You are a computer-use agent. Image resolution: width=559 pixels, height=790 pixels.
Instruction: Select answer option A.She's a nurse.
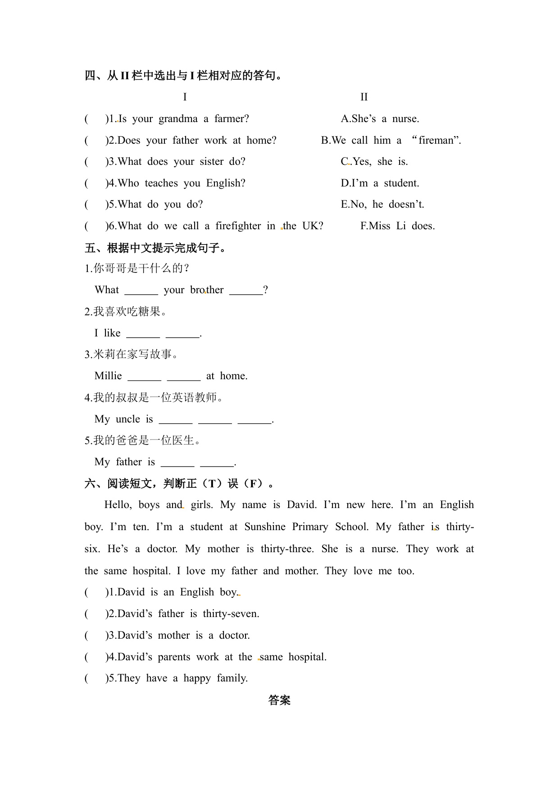380,119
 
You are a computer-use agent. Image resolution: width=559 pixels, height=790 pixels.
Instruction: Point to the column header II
364,97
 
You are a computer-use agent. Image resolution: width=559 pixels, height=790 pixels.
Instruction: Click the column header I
185,97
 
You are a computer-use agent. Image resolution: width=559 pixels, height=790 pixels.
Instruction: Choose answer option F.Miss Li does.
397,226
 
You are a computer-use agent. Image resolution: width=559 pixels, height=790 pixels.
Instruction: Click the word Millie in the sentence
108,376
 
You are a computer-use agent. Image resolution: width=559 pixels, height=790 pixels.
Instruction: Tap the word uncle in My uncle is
128,419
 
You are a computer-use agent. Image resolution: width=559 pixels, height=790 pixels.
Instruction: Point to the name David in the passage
302,505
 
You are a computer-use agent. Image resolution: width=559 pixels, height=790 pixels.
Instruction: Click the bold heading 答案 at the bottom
279,700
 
